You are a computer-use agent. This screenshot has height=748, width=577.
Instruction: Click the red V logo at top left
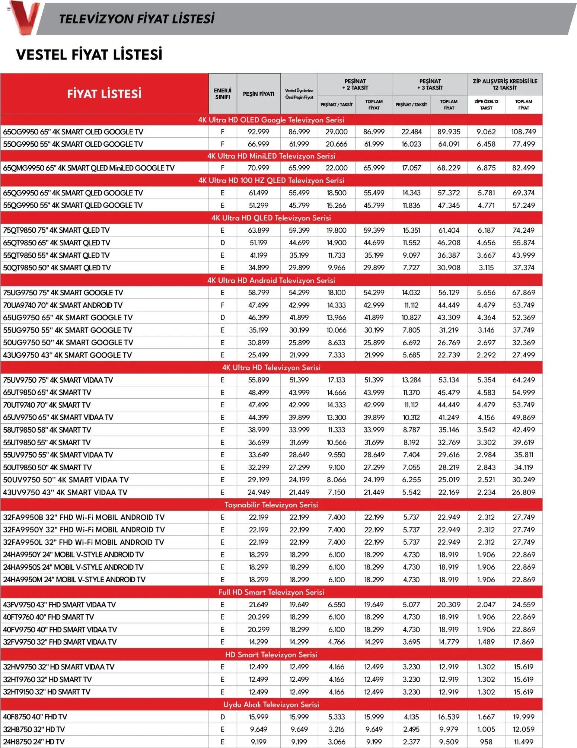point(24,17)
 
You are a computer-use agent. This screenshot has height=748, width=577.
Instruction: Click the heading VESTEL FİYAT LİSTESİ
point(89,54)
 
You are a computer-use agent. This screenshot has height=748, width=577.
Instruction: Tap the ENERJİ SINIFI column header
point(222,94)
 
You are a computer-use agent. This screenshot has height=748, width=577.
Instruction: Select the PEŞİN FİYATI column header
point(258,94)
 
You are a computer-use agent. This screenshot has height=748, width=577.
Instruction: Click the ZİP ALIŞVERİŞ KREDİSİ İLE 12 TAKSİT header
point(505,85)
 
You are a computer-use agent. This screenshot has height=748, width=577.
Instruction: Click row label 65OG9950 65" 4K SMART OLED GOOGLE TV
point(73,132)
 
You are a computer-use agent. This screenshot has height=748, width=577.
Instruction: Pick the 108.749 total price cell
point(523,132)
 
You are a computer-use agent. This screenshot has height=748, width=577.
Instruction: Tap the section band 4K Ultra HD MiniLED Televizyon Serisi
point(271,156)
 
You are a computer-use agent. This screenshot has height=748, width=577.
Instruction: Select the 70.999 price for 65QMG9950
point(258,168)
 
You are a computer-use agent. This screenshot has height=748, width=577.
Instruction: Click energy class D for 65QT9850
point(222,243)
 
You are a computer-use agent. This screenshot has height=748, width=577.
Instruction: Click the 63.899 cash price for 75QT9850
point(258,230)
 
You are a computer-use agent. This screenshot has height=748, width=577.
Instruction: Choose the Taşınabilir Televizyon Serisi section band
point(271,505)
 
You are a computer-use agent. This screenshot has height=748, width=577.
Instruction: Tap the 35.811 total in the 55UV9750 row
point(523,455)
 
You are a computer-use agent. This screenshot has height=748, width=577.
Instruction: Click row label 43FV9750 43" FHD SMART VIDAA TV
point(59,605)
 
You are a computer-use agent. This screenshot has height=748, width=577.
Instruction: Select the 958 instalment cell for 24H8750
point(486,742)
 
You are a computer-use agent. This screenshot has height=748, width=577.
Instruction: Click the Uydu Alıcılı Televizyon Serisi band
point(271,704)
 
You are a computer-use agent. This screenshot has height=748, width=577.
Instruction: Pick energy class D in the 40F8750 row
point(222,717)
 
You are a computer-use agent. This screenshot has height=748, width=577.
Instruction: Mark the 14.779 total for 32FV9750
point(449,642)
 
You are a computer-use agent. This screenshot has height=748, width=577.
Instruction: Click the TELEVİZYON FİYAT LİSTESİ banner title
point(137,19)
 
